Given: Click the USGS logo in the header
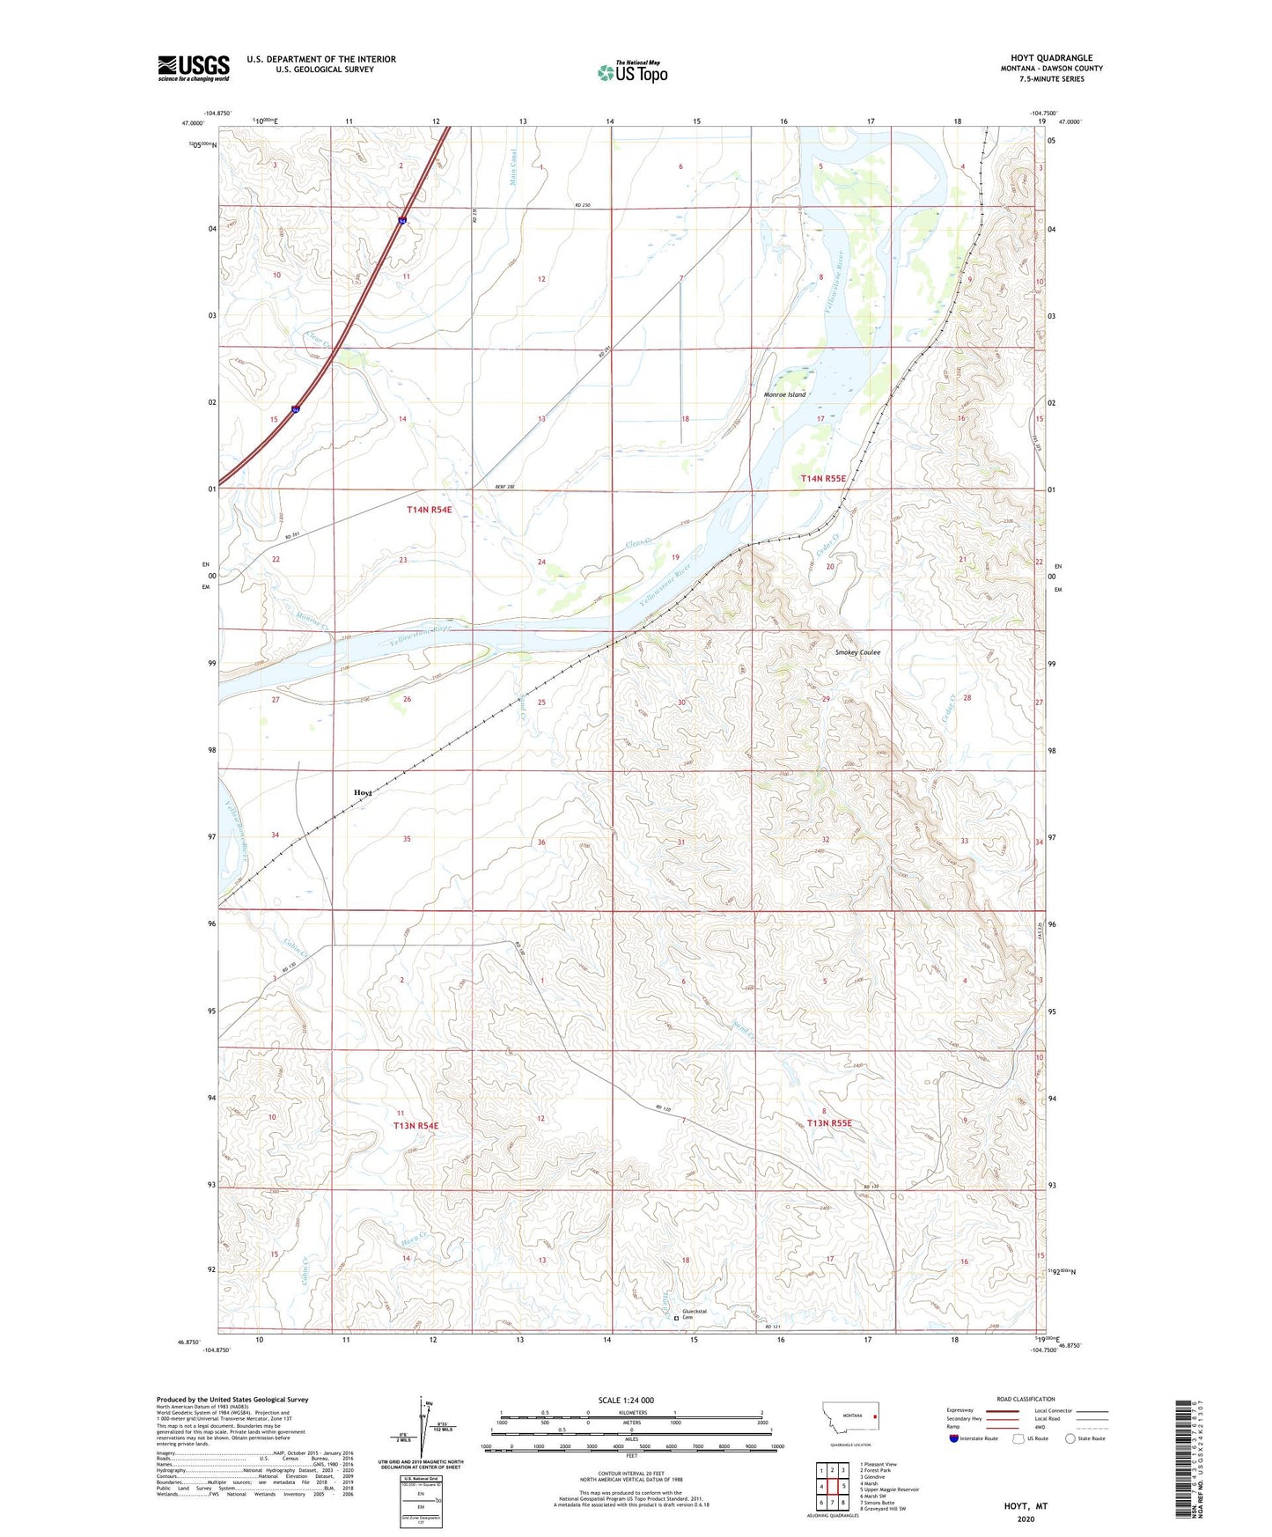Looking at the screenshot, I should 193,68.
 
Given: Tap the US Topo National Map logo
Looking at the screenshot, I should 632,72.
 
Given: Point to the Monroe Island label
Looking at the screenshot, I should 784,395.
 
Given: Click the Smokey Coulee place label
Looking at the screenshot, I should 857,652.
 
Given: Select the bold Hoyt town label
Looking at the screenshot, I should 363,792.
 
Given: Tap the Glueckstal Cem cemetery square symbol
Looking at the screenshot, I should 676,1318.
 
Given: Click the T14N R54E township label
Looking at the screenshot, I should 429,510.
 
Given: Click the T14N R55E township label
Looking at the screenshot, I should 823,478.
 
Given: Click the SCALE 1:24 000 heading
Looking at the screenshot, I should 626,1400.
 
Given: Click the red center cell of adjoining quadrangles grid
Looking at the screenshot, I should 832,1487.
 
